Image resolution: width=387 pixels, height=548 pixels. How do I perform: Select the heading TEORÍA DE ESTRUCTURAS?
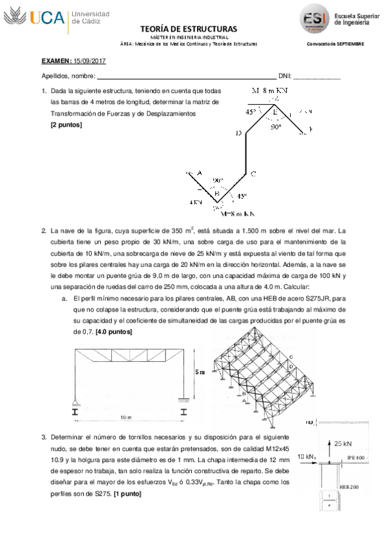point(188,29)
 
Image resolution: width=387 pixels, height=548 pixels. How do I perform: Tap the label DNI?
point(284,76)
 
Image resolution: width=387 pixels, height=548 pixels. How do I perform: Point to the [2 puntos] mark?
point(66,125)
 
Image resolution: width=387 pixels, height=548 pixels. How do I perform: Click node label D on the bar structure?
point(238,133)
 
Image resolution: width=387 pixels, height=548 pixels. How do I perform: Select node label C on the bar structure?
point(253,173)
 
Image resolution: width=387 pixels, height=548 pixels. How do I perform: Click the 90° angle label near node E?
point(276,127)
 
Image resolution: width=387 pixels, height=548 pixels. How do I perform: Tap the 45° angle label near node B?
point(241,196)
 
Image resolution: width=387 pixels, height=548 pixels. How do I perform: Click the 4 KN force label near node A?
point(195,202)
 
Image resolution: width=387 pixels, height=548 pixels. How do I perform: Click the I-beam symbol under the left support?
point(76,410)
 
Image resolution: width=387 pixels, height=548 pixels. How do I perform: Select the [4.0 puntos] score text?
point(114,332)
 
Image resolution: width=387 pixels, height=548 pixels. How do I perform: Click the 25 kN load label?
point(342,443)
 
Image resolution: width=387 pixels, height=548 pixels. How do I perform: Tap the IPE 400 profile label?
point(357,457)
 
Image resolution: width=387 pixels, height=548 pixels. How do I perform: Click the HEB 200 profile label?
point(350,486)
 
